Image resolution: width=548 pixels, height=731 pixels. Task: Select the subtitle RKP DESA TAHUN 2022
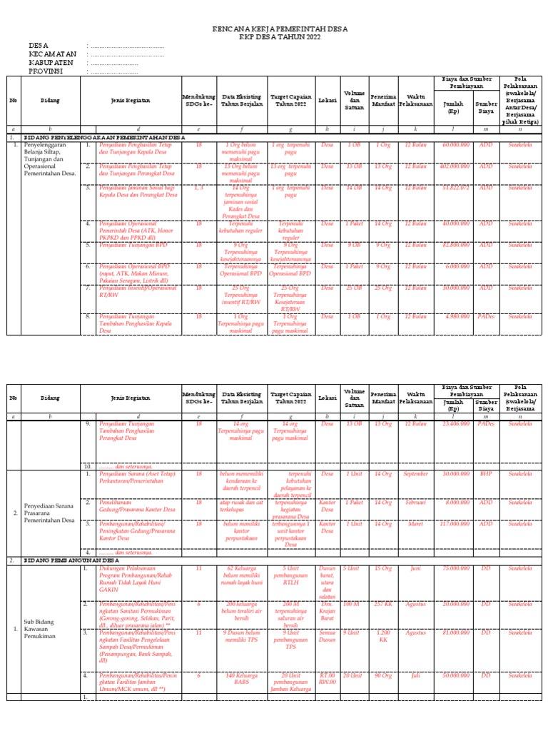coord(280,38)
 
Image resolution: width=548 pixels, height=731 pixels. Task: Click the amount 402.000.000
coord(455,166)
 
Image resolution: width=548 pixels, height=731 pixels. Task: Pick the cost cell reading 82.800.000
coord(455,245)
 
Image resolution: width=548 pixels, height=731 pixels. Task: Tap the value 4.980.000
coord(457,316)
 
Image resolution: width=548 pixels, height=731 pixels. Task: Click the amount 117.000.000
coord(455,523)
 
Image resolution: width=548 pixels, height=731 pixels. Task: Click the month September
coord(415,473)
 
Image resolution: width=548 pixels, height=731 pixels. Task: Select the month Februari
coord(415,503)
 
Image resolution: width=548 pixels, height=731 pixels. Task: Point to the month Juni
coord(415,568)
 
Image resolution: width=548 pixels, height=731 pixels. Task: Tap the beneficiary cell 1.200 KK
coord(384,636)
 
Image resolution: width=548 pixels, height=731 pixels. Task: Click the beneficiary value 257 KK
coord(384,604)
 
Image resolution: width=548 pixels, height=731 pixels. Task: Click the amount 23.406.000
coord(455,423)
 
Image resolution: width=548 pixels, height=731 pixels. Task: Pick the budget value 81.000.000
coord(455,632)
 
